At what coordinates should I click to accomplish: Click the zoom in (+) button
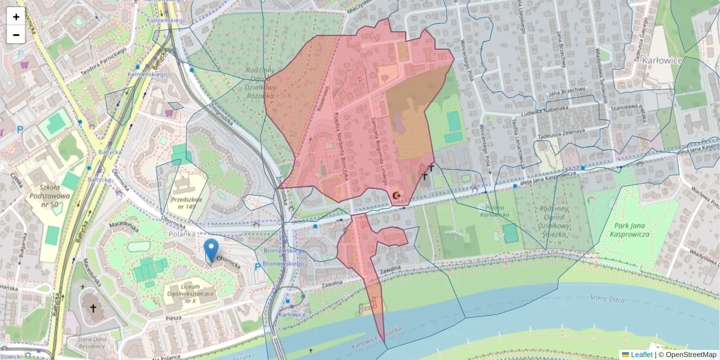click(x=16, y=17)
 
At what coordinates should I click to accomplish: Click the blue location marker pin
click(x=211, y=250)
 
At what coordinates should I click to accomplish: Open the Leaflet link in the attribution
click(x=641, y=355)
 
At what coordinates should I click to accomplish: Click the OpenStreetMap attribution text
click(x=689, y=355)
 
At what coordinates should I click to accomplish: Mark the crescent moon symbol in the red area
click(x=395, y=195)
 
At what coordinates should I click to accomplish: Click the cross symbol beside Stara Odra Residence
click(x=92, y=308)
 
